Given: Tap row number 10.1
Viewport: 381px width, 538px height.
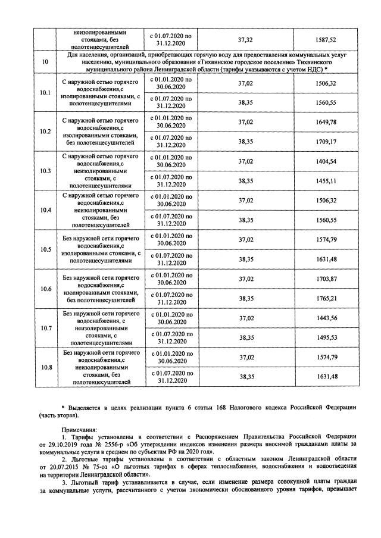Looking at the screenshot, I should [x=45, y=92].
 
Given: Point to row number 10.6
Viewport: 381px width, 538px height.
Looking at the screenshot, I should [x=45, y=289].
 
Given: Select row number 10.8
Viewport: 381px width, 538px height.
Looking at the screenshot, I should [x=45, y=367].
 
